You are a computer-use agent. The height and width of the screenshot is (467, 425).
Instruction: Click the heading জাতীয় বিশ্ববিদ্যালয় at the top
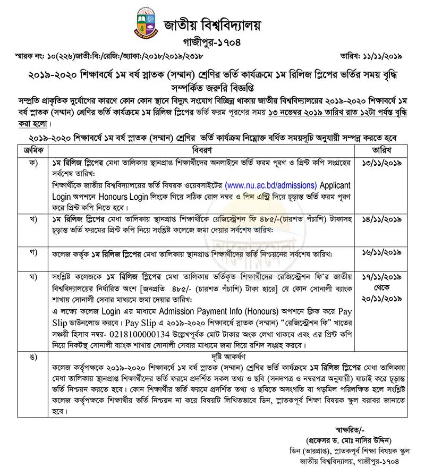pos(212,24)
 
